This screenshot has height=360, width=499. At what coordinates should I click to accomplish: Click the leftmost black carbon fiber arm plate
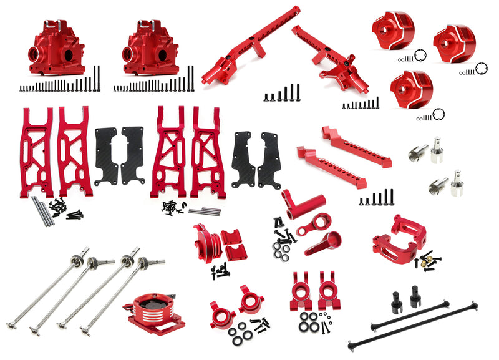106,156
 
